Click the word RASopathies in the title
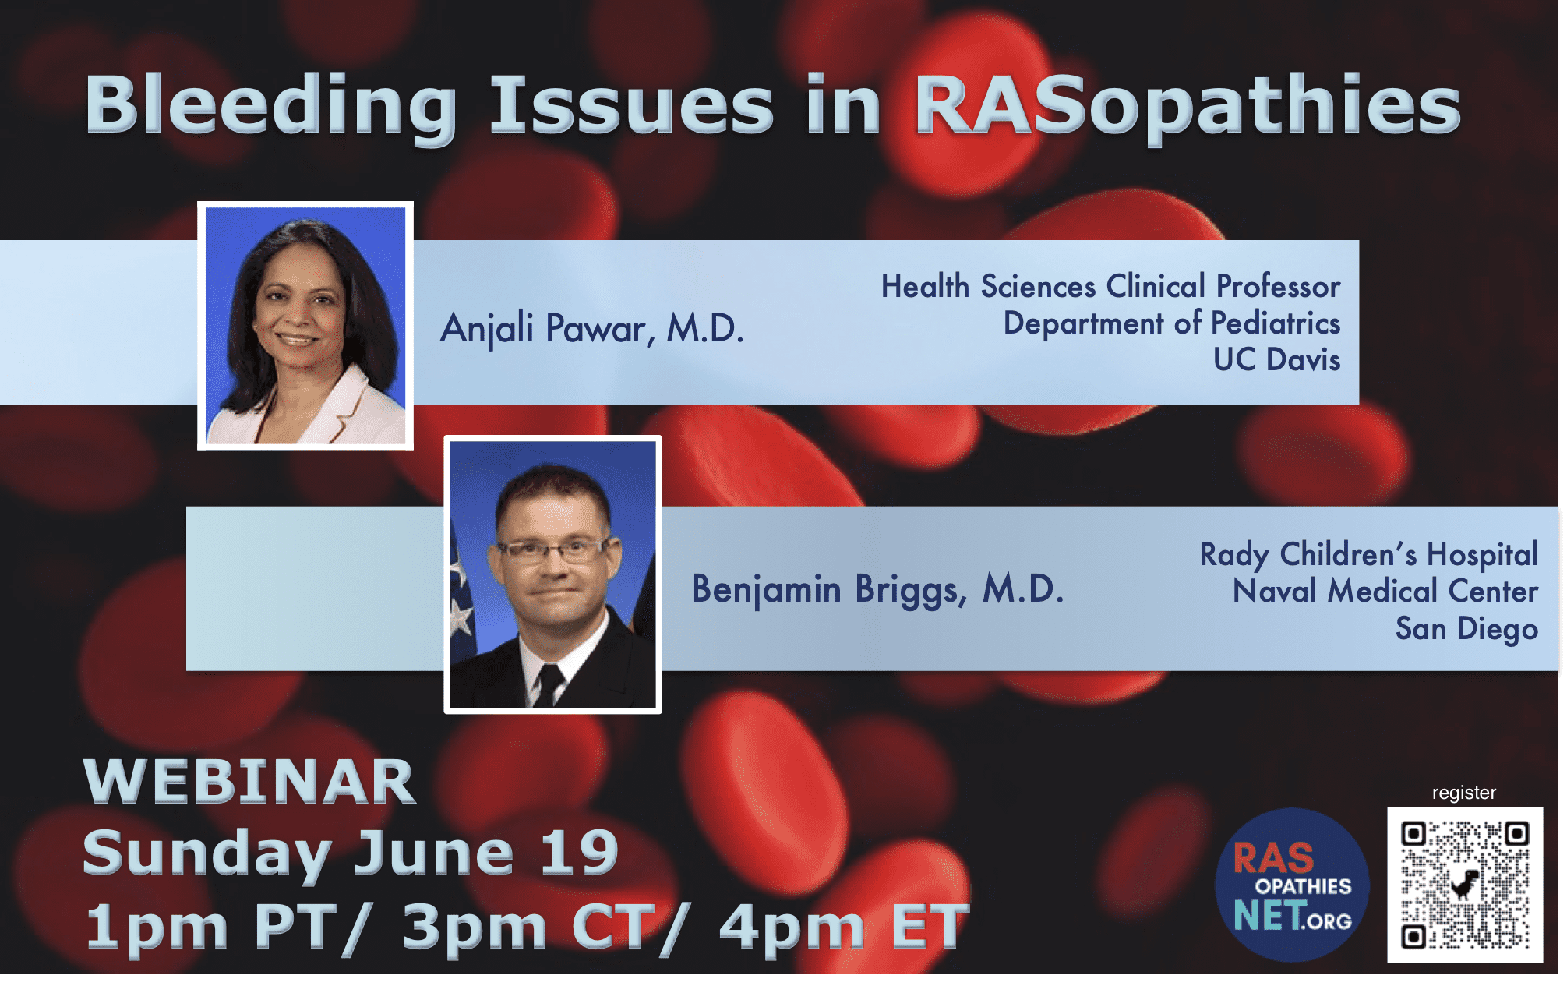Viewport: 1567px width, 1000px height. [1187, 107]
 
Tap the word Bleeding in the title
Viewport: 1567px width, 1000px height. [271, 107]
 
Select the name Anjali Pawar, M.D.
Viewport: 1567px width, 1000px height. [592, 328]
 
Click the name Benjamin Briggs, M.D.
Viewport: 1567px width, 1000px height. [877, 589]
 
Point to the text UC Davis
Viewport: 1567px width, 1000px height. [1276, 359]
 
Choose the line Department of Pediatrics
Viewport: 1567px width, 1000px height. [1171, 323]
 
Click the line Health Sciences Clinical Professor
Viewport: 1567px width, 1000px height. [1110, 286]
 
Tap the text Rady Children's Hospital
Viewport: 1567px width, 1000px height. [1368, 554]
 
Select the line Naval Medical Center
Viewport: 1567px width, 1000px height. [1385, 591]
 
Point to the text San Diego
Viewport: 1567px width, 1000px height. [1466, 628]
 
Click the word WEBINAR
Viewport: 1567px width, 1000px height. [249, 782]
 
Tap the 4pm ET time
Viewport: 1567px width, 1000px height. [844, 927]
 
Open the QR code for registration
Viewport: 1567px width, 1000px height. [1465, 885]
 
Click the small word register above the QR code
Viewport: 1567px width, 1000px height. [1464, 793]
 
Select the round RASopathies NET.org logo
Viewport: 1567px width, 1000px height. [1292, 885]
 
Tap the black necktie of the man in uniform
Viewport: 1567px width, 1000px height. [549, 684]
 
